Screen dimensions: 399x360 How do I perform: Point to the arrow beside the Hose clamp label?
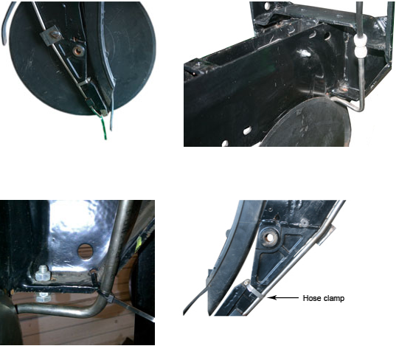click(283, 297)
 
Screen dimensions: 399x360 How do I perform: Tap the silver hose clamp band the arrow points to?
click(259, 294)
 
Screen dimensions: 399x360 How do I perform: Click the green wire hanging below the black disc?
click(103, 128)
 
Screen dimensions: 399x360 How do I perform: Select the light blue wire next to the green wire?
click(111, 120)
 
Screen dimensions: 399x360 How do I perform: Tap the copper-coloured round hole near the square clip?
click(79, 51)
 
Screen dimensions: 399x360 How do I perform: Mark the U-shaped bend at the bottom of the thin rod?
click(358, 106)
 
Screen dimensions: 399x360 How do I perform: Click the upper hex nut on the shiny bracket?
click(42, 273)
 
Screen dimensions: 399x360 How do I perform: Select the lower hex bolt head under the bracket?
click(43, 297)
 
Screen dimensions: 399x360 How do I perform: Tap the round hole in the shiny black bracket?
click(86, 252)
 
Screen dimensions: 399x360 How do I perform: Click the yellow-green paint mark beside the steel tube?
click(139, 243)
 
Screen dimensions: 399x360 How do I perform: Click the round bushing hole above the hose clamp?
click(269, 238)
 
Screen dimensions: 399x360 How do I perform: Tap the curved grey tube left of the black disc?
click(7, 23)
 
